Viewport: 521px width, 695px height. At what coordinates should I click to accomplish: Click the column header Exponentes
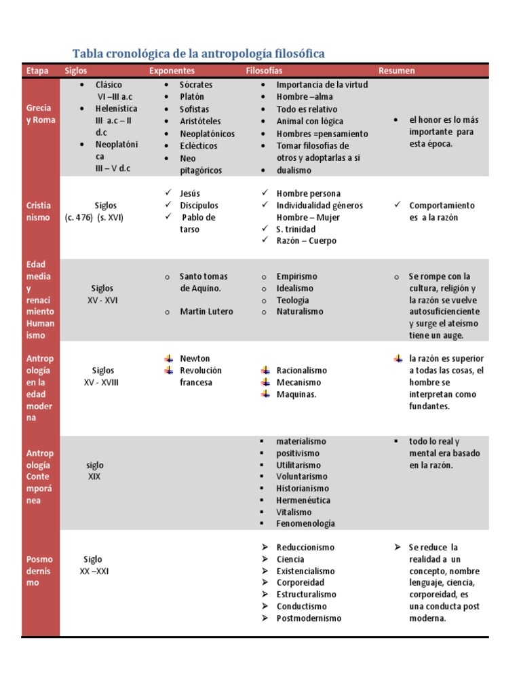tap(172, 71)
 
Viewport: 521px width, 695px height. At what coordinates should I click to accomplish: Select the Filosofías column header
tap(264, 71)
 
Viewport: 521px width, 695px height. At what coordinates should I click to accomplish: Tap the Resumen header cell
tap(397, 71)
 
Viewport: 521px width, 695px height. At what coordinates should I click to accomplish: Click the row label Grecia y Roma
tap(40, 114)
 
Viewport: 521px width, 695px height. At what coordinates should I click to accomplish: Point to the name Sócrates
tap(196, 85)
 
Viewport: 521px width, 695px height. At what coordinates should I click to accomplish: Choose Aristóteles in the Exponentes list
tap(200, 121)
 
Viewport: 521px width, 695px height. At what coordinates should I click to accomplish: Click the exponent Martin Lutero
tap(206, 312)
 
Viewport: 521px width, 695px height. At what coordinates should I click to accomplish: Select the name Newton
tap(195, 358)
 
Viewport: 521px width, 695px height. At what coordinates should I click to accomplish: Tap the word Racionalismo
tap(301, 371)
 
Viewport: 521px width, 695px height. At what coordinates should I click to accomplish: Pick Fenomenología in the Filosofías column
tap(305, 523)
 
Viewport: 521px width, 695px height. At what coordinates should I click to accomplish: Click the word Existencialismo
tap(305, 571)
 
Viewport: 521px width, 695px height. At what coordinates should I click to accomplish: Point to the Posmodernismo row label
tap(39, 571)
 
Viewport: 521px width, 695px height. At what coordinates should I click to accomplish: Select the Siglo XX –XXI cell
tap(94, 565)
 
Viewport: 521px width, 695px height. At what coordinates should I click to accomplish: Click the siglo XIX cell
tap(95, 471)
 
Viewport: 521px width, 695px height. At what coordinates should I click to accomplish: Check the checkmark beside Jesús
tap(168, 193)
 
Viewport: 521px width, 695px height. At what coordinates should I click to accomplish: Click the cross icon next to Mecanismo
tap(266, 382)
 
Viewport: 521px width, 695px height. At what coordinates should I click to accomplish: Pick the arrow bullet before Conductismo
tap(265, 606)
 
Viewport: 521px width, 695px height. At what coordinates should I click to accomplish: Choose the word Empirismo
tap(296, 276)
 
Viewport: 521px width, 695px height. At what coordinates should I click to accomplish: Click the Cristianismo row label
tap(38, 211)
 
